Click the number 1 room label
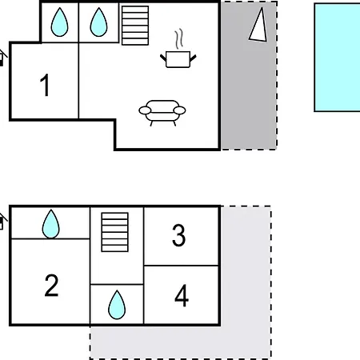click(45, 85)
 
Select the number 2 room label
click(51, 286)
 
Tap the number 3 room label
click(178, 235)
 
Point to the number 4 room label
click(182, 295)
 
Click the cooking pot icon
click(178, 59)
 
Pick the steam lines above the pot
click(179, 39)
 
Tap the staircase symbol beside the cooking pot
click(135, 26)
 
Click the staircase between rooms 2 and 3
click(115, 232)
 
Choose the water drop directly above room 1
click(59, 22)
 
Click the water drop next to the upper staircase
click(98, 22)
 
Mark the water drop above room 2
click(50, 224)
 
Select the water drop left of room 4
click(117, 305)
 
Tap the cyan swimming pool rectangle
click(338, 58)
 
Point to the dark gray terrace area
click(249, 75)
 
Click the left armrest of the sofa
click(145, 110)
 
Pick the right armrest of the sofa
click(179, 110)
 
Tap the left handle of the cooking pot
click(163, 58)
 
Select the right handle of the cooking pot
click(194, 58)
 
